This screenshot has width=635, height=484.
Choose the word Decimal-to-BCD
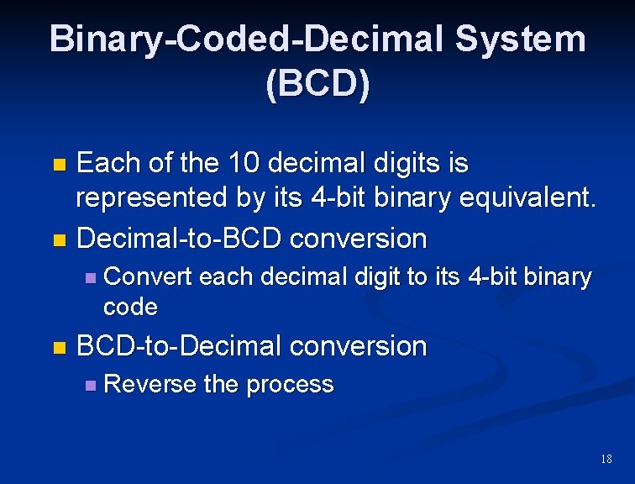pos(180,238)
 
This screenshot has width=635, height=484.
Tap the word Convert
pos(148,276)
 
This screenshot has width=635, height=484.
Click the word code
pos(130,307)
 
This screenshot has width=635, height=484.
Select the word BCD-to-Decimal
pos(180,345)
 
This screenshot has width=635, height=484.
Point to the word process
pos(290,385)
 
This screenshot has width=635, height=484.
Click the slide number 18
pos(606,459)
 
